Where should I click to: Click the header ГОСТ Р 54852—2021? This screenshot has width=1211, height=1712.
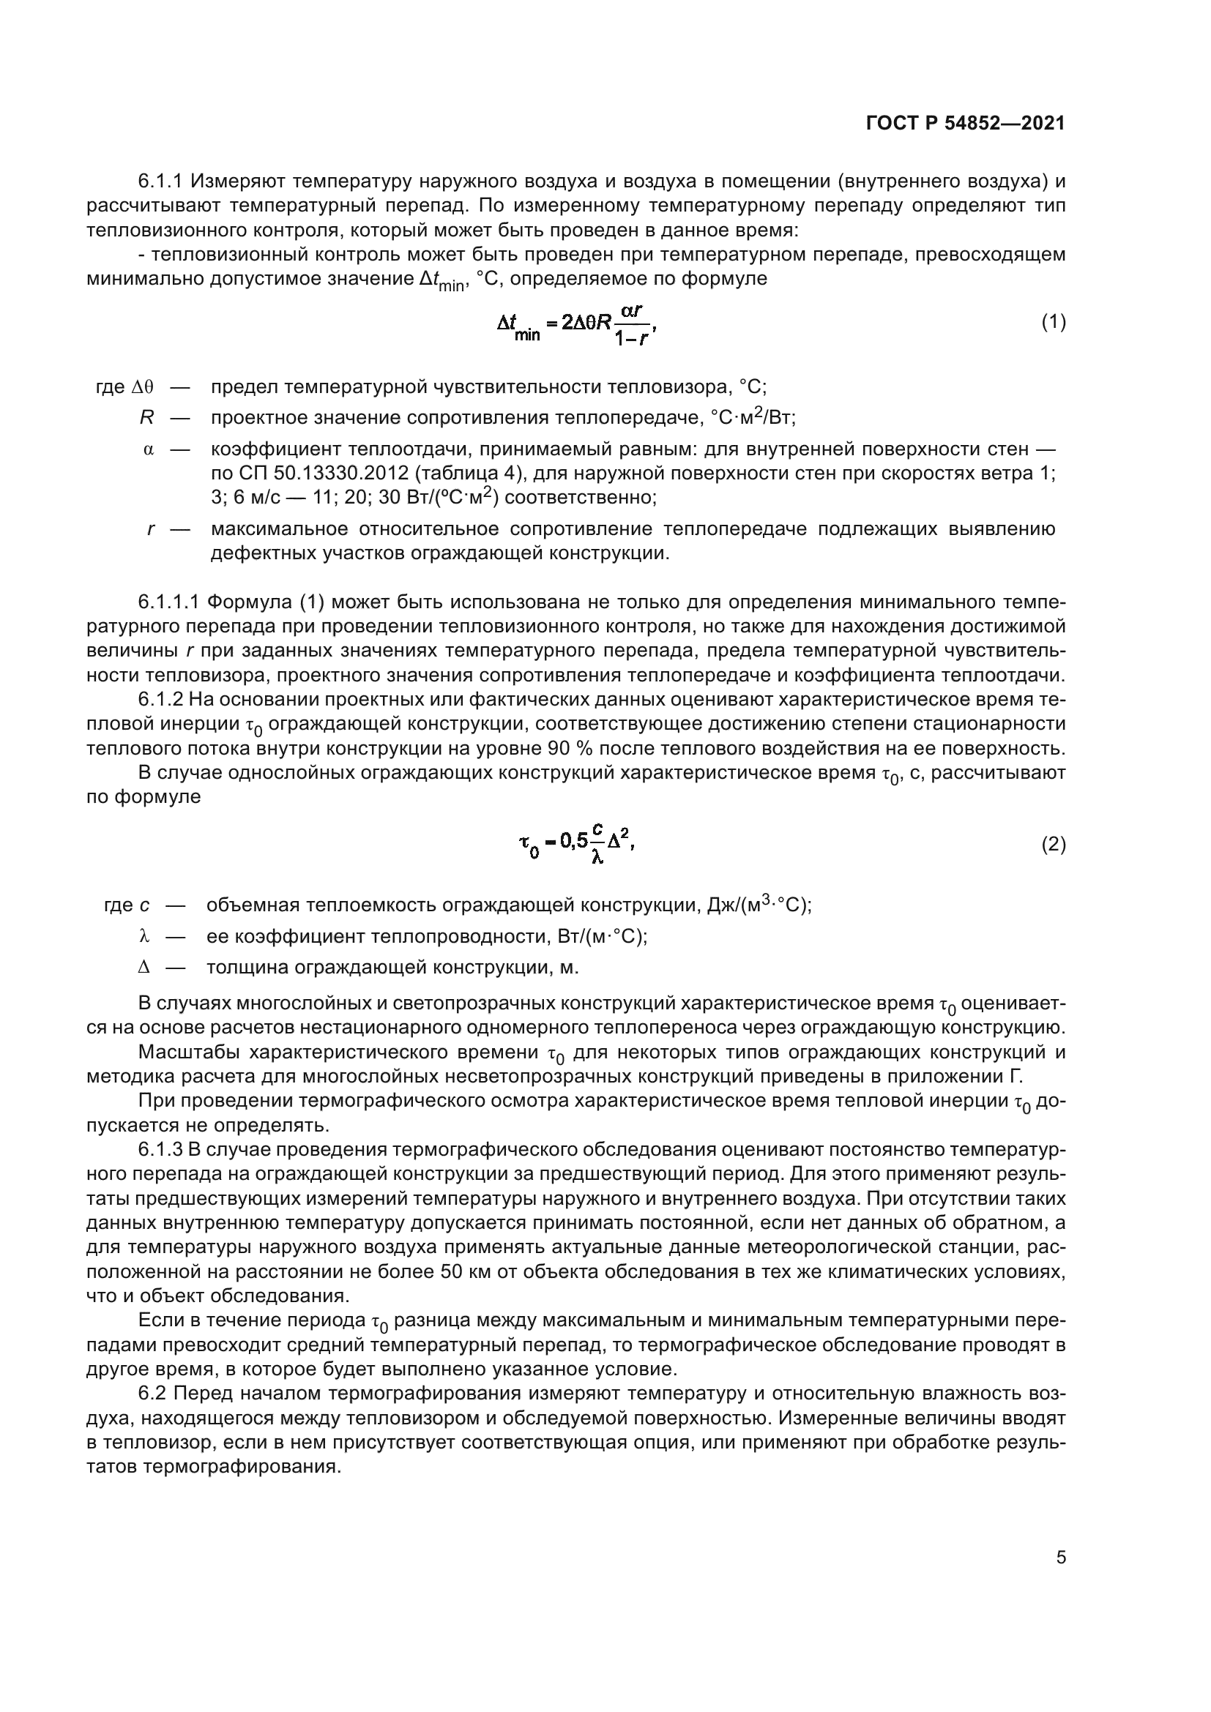[966, 124]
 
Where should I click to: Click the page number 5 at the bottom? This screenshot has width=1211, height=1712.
[1060, 1558]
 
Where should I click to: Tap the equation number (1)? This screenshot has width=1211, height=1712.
[1053, 322]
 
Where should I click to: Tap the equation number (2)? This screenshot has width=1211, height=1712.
[1053, 844]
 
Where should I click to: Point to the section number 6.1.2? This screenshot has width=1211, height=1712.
[160, 700]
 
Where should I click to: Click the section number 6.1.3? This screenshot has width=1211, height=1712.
[160, 1150]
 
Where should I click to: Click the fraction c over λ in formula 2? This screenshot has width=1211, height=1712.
[597, 843]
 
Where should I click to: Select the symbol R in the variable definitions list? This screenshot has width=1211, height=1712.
[146, 417]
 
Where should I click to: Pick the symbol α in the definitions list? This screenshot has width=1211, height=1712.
[148, 449]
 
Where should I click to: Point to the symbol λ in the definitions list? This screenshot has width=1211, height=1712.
[144, 936]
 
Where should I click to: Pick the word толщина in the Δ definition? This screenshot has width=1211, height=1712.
[247, 968]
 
